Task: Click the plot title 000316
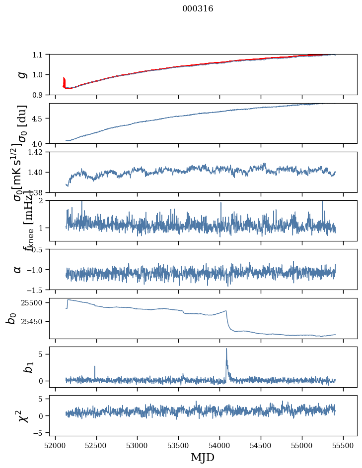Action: click(198, 9)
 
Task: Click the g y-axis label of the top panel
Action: click(21, 74)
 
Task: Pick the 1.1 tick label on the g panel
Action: click(39, 55)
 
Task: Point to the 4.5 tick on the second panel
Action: click(39, 118)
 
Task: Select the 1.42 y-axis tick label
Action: click(36, 152)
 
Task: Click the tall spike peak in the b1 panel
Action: click(226, 349)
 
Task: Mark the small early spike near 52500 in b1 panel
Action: click(94, 367)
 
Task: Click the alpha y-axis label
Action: click(18, 269)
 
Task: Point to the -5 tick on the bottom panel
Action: click(39, 433)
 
